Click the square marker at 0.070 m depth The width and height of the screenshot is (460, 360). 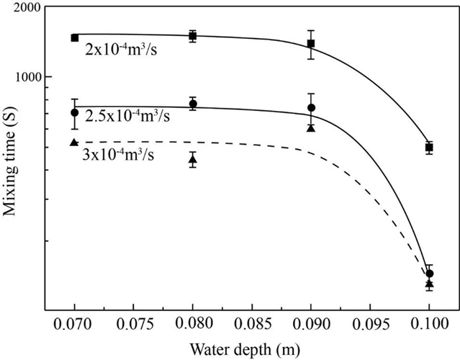click(x=74, y=37)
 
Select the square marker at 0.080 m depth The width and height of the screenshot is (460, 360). click(x=193, y=36)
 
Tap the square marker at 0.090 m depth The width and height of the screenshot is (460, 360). click(x=311, y=44)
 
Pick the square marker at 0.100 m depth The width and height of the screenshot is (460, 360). click(x=429, y=148)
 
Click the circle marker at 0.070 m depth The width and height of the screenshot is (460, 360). click(x=74, y=112)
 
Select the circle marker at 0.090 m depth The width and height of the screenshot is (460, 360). click(x=311, y=108)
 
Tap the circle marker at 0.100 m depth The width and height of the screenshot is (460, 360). click(x=429, y=274)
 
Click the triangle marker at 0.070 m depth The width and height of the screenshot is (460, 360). click(x=74, y=142)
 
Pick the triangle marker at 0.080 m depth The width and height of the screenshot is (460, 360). click(x=193, y=159)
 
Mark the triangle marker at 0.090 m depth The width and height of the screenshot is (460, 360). click(x=311, y=127)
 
